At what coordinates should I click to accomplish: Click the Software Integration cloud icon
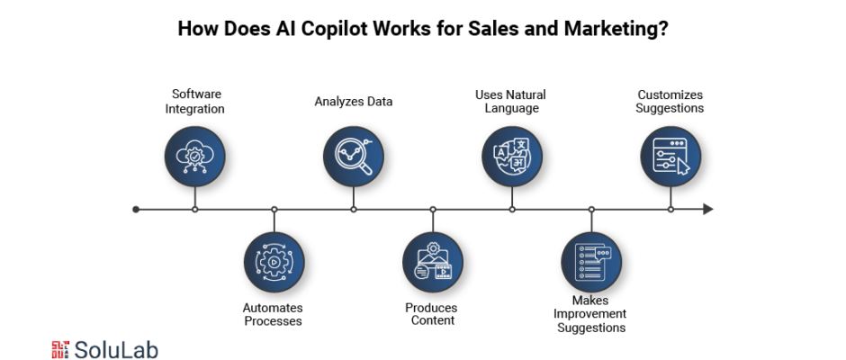pos(194,157)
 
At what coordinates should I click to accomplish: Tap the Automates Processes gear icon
pos(274,262)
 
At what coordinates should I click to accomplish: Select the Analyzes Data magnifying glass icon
pos(354,157)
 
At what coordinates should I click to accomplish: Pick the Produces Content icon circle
pos(433,262)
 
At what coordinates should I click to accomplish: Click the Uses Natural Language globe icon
pos(512,157)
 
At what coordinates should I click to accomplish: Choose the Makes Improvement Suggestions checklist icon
pos(591,262)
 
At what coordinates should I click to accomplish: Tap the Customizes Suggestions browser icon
pos(670,157)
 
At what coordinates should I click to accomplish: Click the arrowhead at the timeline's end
pos(708,210)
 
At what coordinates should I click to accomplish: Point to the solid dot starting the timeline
pos(136,210)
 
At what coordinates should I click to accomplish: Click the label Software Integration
pos(194,102)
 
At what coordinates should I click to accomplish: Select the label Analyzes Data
pos(354,102)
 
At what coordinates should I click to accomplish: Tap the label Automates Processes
pos(273,315)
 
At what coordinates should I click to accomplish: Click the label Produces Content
pos(432,314)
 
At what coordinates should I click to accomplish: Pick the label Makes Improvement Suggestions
pos(590,314)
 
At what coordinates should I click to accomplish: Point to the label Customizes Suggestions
pos(670,102)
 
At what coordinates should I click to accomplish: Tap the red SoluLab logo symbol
pos(60,349)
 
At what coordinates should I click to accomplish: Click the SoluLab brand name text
pos(116,350)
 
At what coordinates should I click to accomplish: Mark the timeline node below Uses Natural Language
pos(512,210)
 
